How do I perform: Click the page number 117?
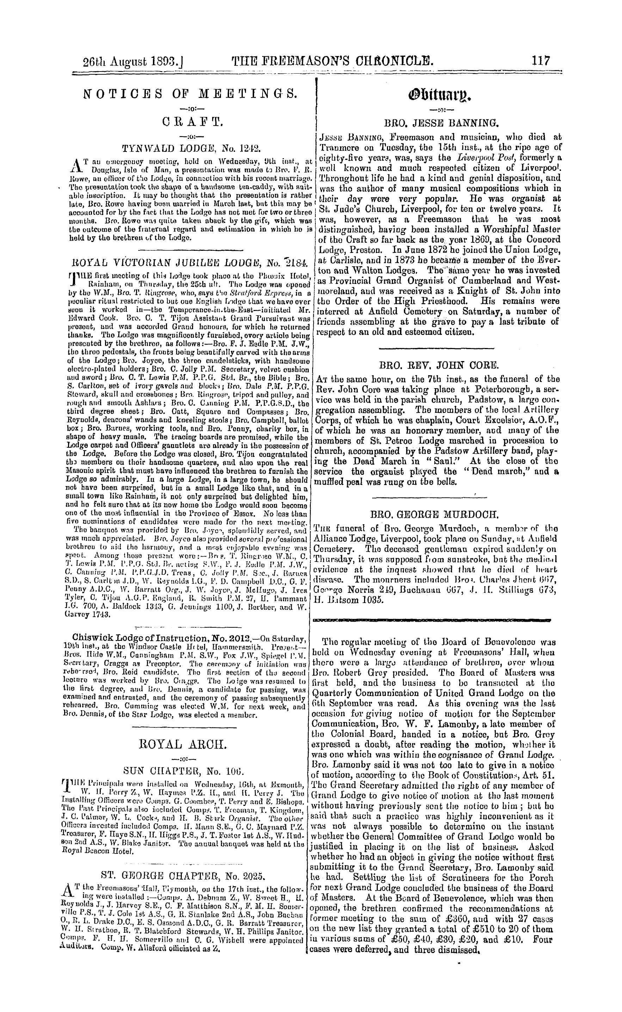[x=540, y=61]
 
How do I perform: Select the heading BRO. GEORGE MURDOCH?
[x=435, y=514]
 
